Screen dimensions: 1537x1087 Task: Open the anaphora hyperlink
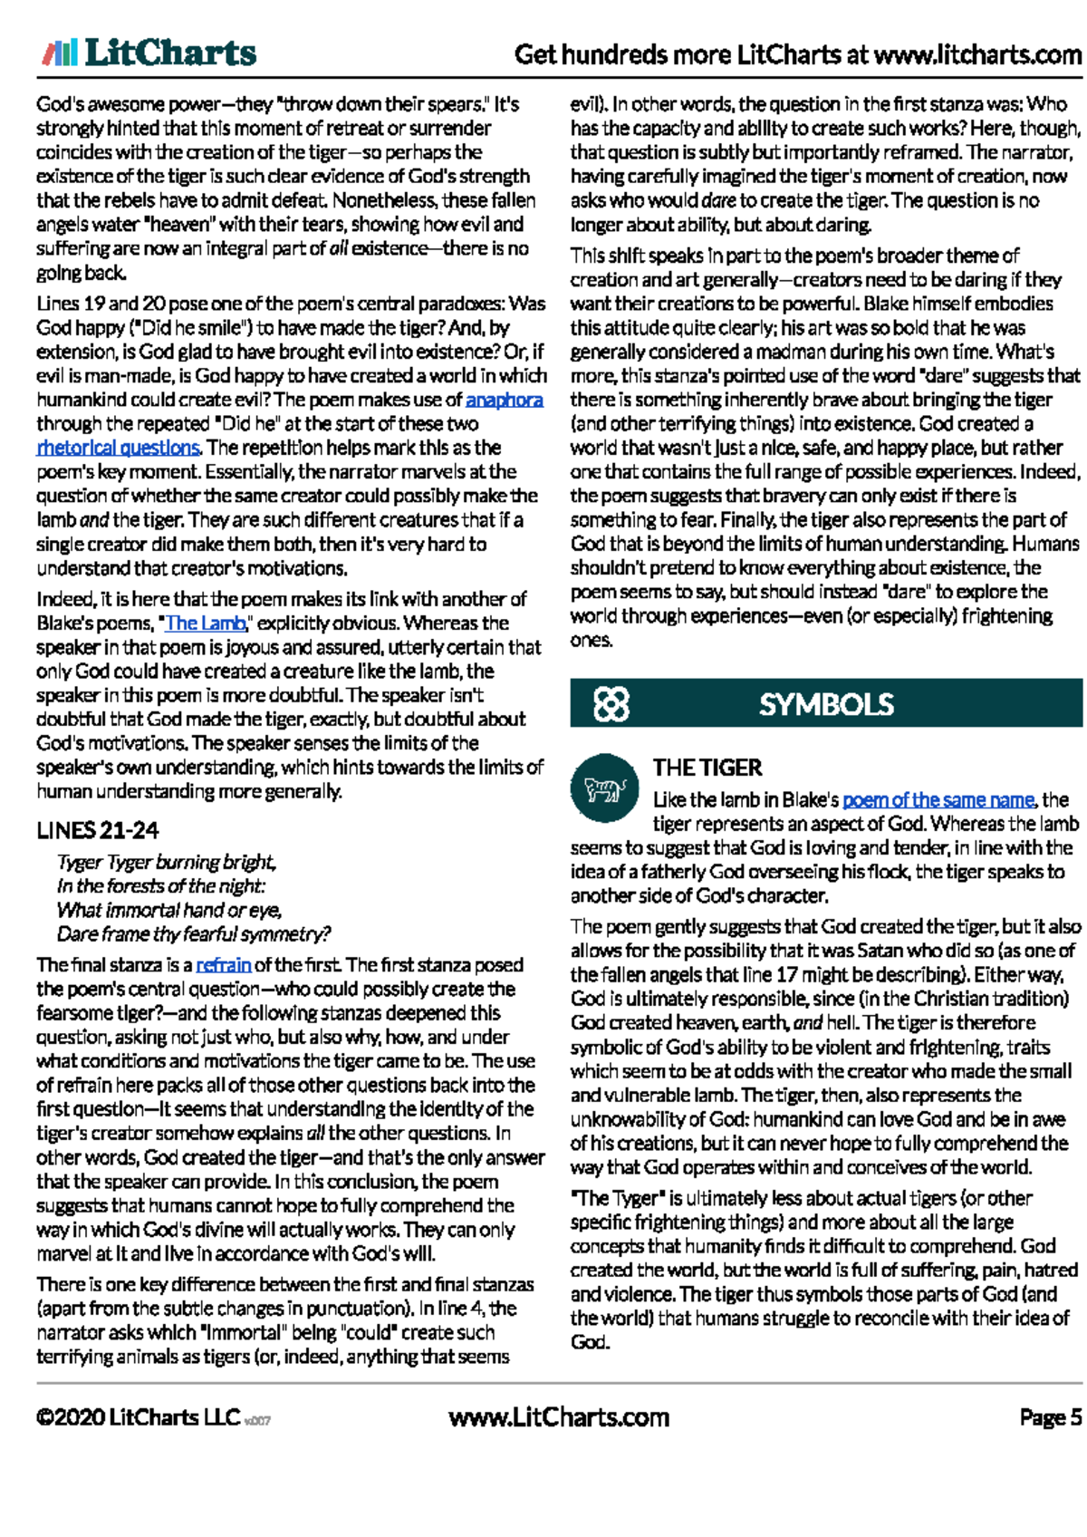click(504, 400)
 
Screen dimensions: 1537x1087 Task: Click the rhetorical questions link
click(118, 448)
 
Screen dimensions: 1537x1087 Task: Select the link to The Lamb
click(205, 623)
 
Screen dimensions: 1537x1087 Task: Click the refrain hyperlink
click(223, 965)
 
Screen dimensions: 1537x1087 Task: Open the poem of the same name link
click(938, 800)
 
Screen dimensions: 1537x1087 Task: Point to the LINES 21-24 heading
click(98, 830)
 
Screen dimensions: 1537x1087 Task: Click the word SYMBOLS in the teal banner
click(825, 704)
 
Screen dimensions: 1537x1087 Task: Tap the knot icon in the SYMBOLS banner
click(611, 704)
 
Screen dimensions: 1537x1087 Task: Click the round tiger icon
click(605, 788)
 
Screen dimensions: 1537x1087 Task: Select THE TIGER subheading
click(707, 768)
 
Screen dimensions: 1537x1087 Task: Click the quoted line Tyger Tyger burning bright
click(167, 862)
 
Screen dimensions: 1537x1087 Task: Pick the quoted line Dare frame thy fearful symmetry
click(193, 934)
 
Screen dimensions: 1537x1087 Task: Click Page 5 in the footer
click(1050, 1417)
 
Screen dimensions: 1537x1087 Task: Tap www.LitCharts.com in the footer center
click(559, 1417)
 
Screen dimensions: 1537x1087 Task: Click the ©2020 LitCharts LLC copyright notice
click(138, 1417)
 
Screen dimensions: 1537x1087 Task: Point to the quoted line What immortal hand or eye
click(169, 910)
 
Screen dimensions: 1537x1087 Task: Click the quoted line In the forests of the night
click(161, 886)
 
